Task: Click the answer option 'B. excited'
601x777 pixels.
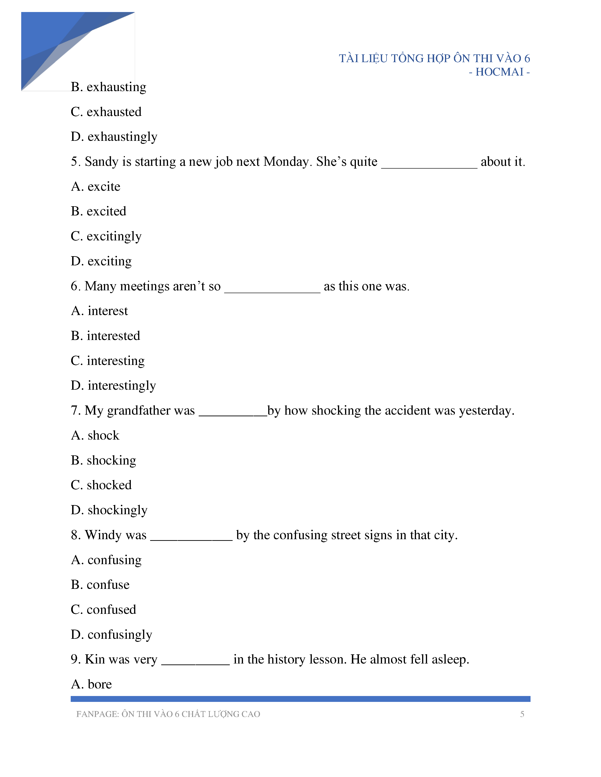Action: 99,211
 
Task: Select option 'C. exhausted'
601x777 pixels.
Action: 106,112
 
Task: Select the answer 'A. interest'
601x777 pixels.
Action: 99,311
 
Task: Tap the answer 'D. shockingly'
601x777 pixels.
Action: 109,510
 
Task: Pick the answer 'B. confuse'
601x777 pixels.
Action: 100,585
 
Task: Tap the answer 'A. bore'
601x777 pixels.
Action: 91,684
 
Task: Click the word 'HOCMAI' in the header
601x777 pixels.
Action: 499,72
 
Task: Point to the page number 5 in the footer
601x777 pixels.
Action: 522,714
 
